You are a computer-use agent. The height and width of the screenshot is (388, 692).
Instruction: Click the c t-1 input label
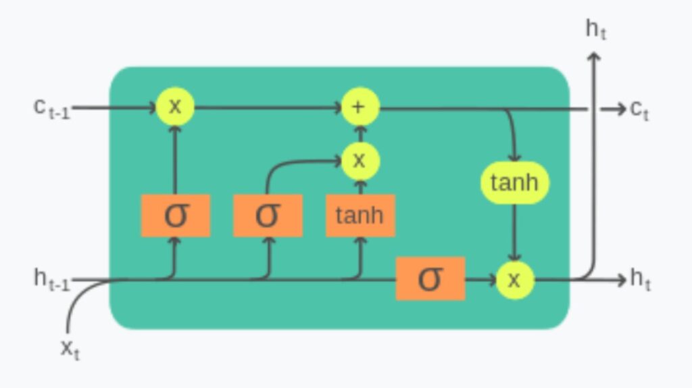(x=51, y=108)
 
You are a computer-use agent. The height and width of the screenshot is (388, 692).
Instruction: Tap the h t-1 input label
(x=51, y=279)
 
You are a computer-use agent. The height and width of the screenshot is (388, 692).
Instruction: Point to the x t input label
(x=70, y=349)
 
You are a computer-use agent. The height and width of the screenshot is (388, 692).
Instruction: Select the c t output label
(x=639, y=109)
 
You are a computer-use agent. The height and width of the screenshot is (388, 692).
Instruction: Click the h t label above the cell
(x=595, y=29)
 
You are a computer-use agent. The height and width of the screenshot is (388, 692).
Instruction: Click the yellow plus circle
(x=359, y=107)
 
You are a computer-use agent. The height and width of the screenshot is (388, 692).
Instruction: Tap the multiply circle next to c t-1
(x=175, y=107)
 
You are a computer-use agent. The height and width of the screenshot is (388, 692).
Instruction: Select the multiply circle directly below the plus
(x=359, y=161)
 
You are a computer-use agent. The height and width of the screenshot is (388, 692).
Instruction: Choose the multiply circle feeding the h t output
(x=514, y=279)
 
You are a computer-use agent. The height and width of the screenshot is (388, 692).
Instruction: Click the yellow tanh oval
(x=514, y=183)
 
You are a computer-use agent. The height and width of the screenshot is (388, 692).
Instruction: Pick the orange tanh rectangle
(x=360, y=216)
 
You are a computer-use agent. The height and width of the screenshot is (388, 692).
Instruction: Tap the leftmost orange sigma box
(x=175, y=216)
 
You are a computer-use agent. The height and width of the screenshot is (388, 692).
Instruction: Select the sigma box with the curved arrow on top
(x=268, y=216)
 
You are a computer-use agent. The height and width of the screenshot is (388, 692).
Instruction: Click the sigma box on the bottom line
(x=430, y=278)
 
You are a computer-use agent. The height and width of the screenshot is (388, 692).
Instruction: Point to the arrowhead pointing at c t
(x=620, y=109)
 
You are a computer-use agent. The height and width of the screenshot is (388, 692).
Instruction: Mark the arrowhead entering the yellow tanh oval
(x=514, y=156)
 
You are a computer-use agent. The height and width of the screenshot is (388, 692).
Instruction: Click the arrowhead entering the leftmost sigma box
(x=175, y=241)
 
